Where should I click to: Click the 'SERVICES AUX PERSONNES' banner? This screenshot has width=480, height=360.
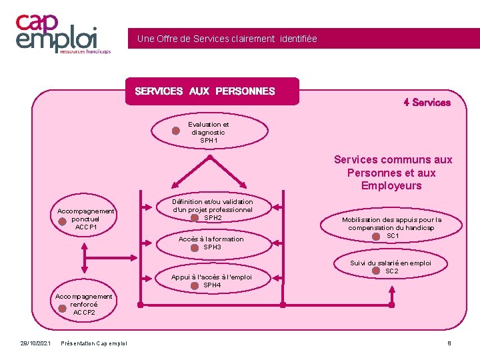[x=212, y=91]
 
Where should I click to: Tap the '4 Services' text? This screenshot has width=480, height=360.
[x=427, y=103]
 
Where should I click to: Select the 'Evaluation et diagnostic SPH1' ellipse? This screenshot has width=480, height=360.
[x=208, y=132]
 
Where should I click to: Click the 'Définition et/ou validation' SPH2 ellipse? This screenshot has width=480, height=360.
[x=213, y=209]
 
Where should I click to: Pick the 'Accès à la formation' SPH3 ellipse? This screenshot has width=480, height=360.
[x=211, y=243]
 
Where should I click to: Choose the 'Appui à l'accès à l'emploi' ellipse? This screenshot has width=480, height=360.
[x=211, y=281]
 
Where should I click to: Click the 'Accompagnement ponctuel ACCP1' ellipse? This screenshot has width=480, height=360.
[x=86, y=219]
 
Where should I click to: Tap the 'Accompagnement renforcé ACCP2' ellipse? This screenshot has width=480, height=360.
[x=84, y=304]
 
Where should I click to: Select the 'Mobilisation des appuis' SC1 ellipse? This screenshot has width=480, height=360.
[x=392, y=227]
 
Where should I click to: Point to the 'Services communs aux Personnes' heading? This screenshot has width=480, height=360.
[x=393, y=173]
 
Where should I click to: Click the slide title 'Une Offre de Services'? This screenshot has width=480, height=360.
[x=227, y=39]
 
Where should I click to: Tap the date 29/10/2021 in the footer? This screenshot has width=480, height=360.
[x=35, y=343]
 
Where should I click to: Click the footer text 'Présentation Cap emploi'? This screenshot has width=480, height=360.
[x=93, y=343]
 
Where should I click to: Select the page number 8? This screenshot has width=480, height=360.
[x=449, y=343]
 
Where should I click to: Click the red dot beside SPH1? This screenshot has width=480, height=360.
[x=176, y=131]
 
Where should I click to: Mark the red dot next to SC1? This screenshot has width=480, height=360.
[x=376, y=236]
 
